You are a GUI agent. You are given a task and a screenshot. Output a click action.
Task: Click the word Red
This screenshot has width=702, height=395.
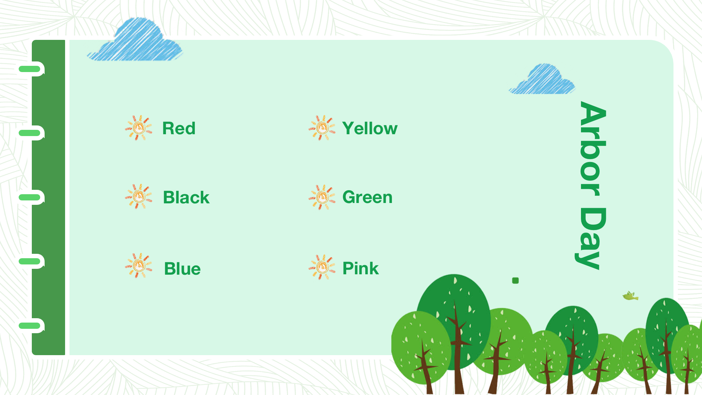179,128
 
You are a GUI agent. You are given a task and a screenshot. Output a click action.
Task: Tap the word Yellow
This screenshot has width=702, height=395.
370,128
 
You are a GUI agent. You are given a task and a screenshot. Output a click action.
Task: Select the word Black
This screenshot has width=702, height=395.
186,197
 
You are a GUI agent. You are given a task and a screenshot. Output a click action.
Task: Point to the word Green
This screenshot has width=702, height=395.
367,197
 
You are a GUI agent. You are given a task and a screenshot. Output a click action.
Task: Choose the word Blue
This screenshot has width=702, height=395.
182,269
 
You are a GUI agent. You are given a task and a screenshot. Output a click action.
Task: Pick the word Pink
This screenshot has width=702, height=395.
361,268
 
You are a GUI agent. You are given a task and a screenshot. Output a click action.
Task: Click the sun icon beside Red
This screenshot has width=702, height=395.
139,128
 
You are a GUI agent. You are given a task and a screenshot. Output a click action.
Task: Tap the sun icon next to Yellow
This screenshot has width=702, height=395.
322,128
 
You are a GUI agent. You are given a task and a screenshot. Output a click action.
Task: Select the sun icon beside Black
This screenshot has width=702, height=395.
139,197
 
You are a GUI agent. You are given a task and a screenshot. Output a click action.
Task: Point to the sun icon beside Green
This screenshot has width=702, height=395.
322,197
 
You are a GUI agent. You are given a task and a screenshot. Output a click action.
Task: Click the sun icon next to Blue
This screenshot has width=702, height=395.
139,266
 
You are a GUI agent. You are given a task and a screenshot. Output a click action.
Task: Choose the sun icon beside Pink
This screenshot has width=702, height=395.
322,267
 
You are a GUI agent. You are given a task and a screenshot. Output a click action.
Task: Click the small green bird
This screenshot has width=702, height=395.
630,296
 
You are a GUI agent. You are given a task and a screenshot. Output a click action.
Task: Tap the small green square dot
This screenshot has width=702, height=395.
516,281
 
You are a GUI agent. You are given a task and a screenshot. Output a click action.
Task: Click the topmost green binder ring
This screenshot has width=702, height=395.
31,69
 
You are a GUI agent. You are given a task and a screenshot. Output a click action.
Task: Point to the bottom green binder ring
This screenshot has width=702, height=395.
31,326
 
